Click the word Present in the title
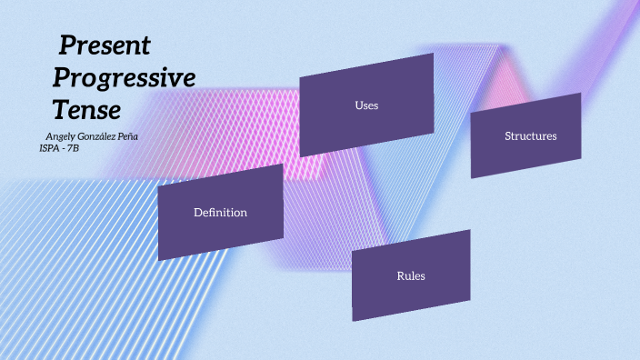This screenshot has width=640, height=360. tap(105, 45)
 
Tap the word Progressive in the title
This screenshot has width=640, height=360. tap(124, 78)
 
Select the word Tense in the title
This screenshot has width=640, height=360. tap(86, 111)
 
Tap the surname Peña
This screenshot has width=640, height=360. tap(129, 135)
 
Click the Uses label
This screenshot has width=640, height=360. tap(366, 105)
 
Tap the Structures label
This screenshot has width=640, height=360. tap(530, 136)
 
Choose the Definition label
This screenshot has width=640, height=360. tap(220, 213)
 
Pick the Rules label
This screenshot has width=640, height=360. tap(411, 275)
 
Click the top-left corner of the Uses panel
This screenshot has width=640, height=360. tap(300, 75)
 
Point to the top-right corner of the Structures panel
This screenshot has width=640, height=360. tap(581, 93)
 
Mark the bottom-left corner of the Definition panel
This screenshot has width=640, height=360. tap(158, 261)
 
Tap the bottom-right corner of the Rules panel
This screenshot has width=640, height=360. tap(470, 298)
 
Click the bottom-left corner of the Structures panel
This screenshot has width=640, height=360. tap(471, 177)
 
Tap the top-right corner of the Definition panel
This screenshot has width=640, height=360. tap(283, 165)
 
